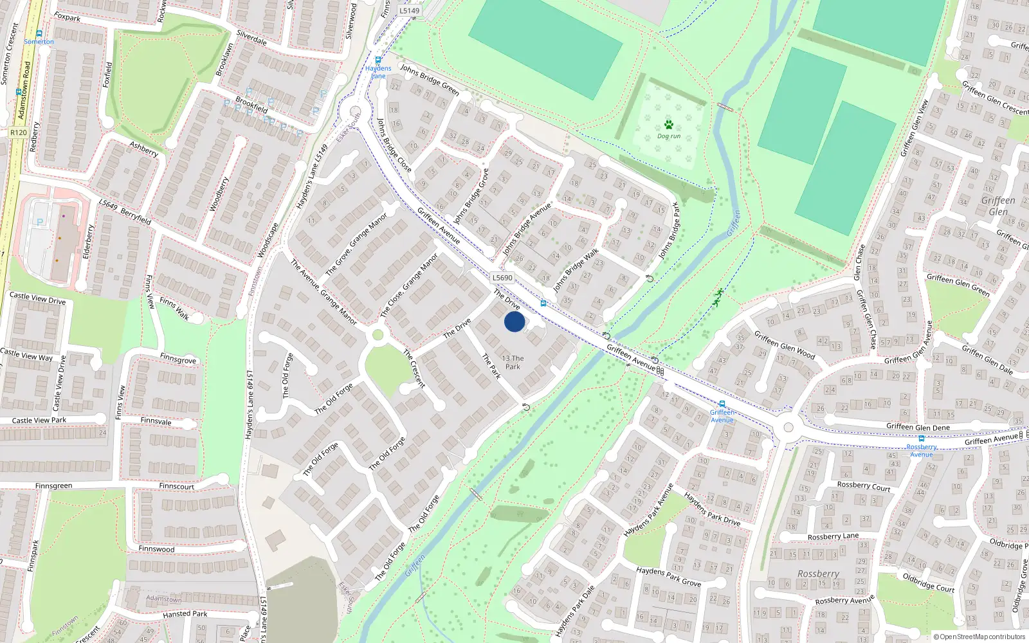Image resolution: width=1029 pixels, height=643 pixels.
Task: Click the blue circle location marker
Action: point(514,321)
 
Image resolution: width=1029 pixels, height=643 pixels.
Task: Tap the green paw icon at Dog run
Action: point(669,125)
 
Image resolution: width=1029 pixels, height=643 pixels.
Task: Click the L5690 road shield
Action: point(502,278)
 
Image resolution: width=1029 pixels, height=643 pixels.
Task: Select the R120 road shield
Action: point(19,132)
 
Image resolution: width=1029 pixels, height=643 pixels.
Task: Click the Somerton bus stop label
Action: point(39,42)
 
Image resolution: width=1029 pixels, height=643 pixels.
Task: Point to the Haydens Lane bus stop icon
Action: point(378,60)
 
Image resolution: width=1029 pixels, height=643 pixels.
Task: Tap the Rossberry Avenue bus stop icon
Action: point(921,439)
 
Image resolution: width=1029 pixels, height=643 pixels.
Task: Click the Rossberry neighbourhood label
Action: point(818,574)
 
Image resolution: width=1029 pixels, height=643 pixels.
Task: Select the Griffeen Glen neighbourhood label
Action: point(998,206)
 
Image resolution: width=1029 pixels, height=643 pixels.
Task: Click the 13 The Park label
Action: point(513,363)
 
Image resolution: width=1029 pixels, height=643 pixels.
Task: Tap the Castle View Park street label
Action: point(39,421)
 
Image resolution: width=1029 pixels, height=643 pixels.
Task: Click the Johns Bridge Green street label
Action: point(430,80)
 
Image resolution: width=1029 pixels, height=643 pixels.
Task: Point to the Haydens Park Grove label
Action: point(668,576)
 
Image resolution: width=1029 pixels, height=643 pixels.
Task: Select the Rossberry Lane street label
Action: point(833,536)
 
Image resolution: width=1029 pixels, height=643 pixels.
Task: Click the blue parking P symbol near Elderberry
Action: point(41,222)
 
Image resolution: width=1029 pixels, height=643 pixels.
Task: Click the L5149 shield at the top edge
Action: point(409,10)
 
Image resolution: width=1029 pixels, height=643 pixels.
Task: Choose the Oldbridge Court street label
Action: point(928,583)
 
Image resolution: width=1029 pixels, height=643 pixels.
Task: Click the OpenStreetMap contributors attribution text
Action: point(979,637)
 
